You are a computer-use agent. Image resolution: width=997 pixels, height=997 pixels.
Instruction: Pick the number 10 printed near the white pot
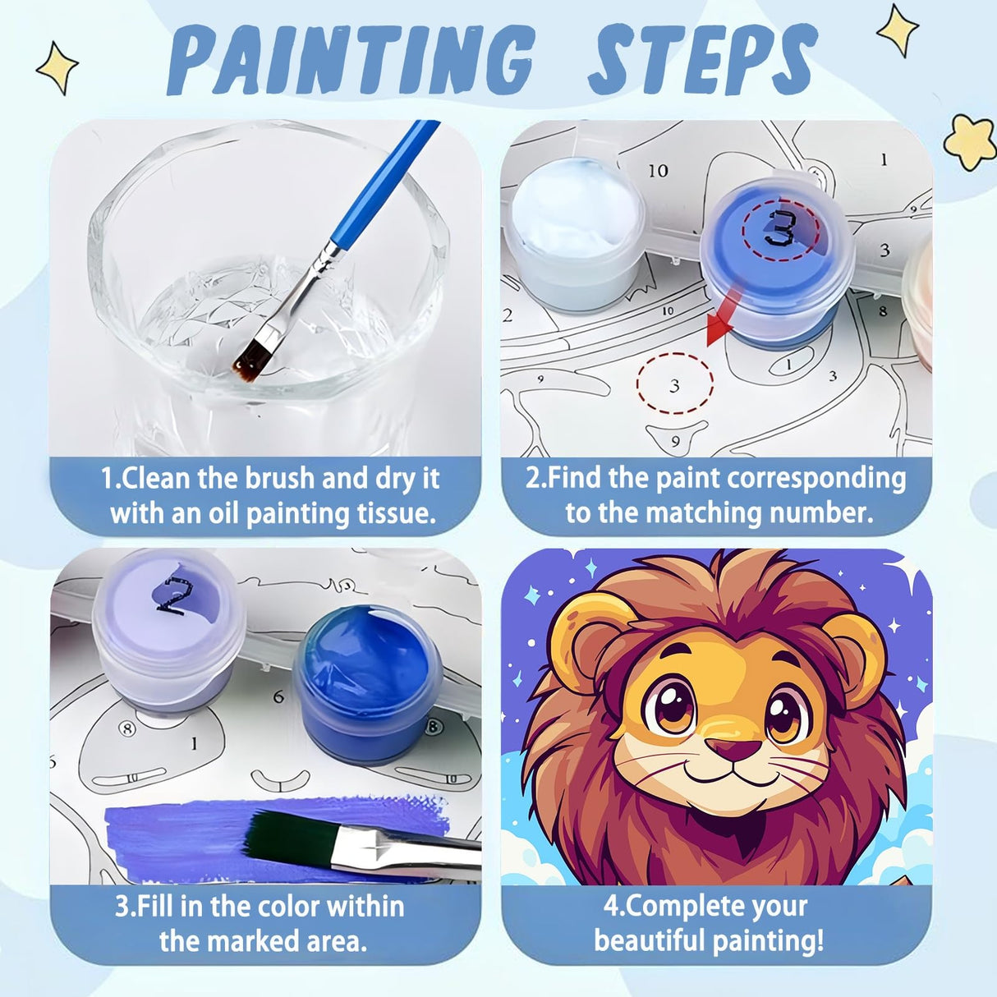(658, 171)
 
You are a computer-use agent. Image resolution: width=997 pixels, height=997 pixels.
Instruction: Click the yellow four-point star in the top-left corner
(57, 67)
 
